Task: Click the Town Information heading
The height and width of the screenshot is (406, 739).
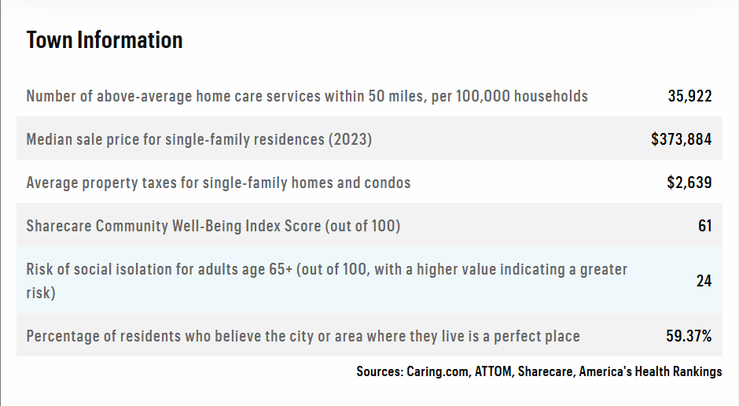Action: [x=104, y=40]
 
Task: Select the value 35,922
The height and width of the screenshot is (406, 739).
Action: [x=689, y=96]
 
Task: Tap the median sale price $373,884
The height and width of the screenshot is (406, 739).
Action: [x=681, y=139]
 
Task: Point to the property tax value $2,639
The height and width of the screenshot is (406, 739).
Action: [x=689, y=183]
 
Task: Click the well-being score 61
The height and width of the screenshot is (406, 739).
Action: [x=704, y=226]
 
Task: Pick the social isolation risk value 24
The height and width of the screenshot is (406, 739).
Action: [x=704, y=281]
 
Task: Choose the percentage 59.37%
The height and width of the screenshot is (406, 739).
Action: [x=689, y=336]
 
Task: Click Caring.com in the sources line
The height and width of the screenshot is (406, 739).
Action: [x=437, y=371]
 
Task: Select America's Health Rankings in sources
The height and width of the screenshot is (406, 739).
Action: [x=650, y=371]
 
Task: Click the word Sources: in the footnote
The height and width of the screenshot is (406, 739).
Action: [x=380, y=371]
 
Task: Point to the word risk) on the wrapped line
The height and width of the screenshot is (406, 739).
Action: [x=41, y=293]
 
